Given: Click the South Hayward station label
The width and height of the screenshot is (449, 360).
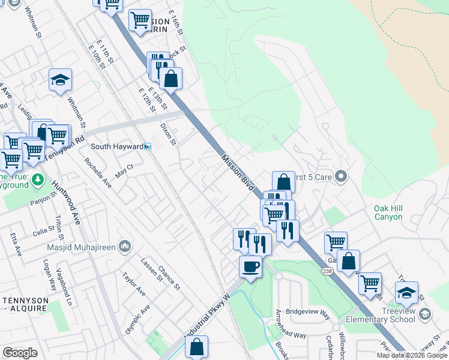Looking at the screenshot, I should (116, 146).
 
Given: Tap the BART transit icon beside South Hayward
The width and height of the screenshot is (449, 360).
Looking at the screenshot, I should (148, 146).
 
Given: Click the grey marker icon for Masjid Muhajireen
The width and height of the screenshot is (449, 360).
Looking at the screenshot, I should (125, 246).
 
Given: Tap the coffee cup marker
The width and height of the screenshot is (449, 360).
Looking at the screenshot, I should (250, 266).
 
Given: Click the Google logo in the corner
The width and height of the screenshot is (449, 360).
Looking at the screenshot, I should (20, 353).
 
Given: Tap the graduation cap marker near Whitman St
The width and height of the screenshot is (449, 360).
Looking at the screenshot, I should (60, 80).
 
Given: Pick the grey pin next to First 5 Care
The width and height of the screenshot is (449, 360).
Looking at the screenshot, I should (341, 176).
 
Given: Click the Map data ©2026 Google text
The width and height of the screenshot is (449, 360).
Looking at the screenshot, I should (412, 355).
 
